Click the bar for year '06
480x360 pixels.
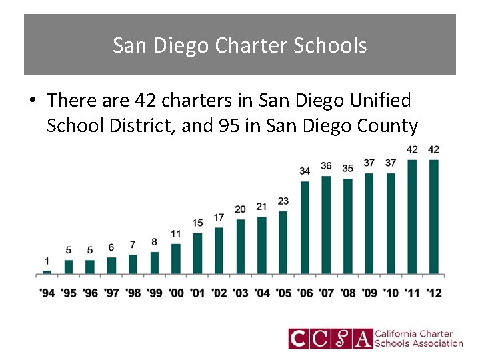[x=305, y=227]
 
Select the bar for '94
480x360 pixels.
[x=47, y=272]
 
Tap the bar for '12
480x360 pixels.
[x=433, y=217]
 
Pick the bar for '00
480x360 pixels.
[x=176, y=259]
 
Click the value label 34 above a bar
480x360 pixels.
[x=305, y=171]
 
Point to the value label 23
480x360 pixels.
[x=283, y=201]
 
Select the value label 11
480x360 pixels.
[x=176, y=233]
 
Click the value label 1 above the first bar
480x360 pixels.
[x=47, y=261]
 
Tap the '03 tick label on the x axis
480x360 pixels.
[x=240, y=293]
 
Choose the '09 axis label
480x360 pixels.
[x=369, y=293]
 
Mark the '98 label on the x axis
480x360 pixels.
[x=133, y=293]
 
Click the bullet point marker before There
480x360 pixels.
[x=31, y=101]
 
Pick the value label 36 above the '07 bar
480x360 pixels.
[x=326, y=165]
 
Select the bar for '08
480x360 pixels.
[x=347, y=226]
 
